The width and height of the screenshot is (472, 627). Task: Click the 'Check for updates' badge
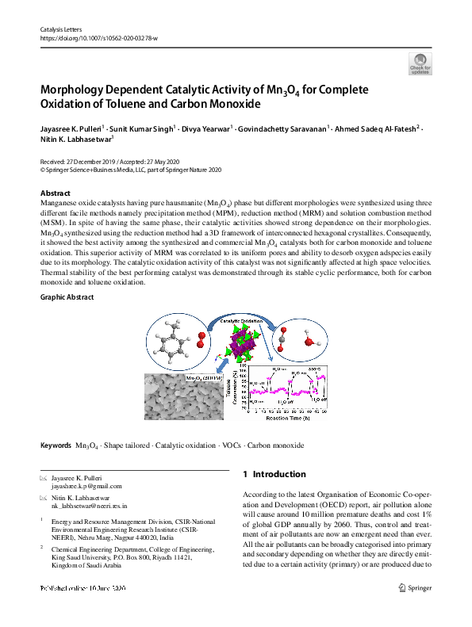[420, 64]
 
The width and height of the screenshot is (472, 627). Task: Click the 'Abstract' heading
[55, 193]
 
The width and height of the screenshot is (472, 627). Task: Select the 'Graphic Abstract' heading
[67, 297]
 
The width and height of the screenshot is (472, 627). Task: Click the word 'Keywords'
[55, 445]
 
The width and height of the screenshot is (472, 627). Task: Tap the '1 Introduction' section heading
[274, 474]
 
